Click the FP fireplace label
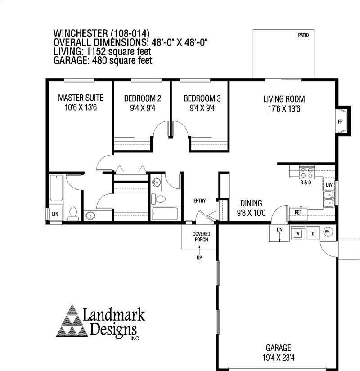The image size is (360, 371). pos(340,122)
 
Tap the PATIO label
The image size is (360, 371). pos(303,35)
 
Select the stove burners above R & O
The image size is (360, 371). pos(307,173)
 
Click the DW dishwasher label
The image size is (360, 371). pos(329,184)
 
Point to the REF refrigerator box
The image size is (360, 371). pos(298,214)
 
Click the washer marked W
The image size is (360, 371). pos(298,233)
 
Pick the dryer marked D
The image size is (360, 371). pos(313,233)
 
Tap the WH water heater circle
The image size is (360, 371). pos(328,232)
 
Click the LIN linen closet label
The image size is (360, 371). pos(55,214)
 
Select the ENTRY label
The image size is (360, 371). pos(199,201)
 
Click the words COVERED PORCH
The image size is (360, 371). pos(201,237)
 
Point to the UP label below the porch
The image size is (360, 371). pos(199,258)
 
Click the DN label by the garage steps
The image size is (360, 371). pos(279,229)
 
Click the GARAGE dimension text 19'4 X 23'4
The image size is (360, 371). pos(279,357)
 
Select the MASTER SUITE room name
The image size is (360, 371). pos(81,98)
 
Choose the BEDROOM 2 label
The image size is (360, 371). pos(143,98)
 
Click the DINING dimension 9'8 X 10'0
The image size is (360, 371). pos(251,213)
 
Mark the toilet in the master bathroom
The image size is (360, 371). pos(73,214)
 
